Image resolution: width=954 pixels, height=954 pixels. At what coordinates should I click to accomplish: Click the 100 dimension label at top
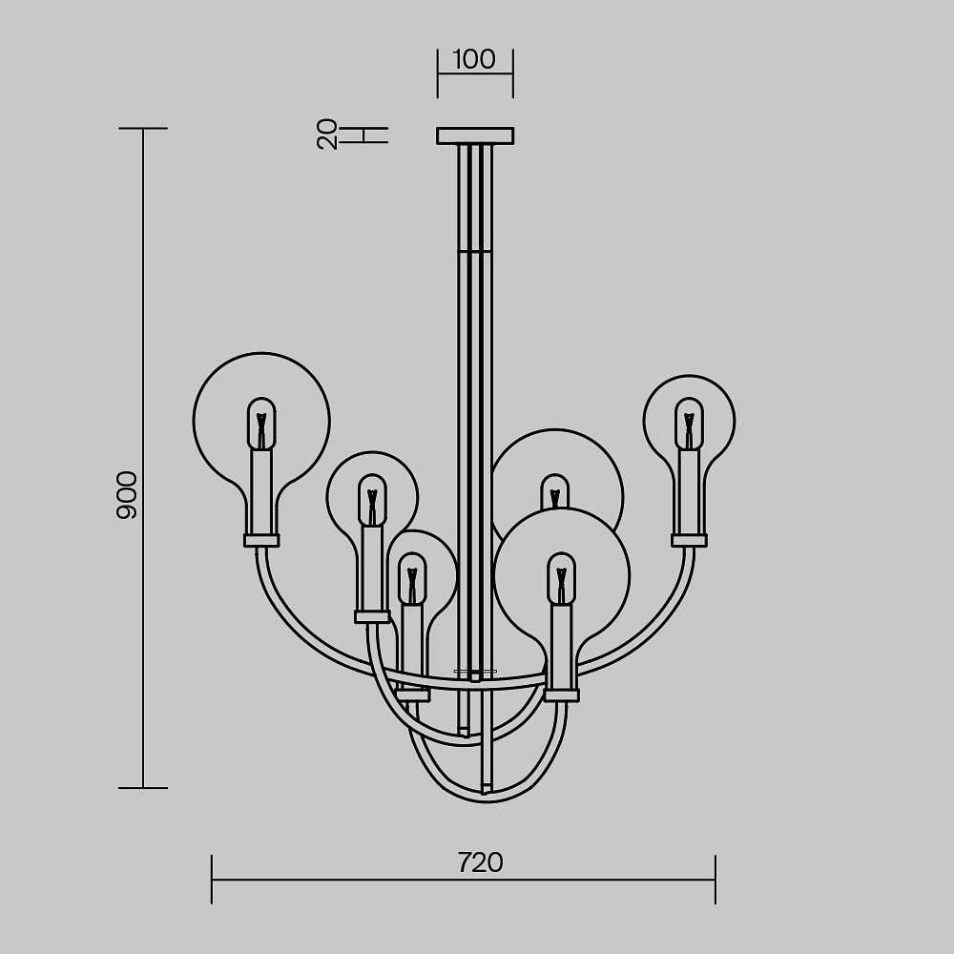click(x=474, y=59)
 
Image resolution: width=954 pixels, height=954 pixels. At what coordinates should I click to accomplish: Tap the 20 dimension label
click(x=327, y=134)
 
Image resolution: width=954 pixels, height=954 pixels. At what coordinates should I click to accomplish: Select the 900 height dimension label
click(x=127, y=494)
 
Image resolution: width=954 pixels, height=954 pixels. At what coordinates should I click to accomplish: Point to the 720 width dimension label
click(x=481, y=862)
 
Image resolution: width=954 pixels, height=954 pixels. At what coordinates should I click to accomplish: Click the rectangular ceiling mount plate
click(x=475, y=135)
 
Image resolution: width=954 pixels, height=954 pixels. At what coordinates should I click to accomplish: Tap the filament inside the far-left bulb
click(x=261, y=429)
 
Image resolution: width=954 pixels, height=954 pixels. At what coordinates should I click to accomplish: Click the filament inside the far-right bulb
click(x=689, y=429)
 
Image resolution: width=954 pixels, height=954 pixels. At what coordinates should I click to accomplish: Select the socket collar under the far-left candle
click(x=261, y=540)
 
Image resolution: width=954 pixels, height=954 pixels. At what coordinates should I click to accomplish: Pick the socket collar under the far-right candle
click(x=690, y=540)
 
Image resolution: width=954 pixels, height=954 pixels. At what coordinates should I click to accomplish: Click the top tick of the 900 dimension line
click(x=143, y=129)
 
